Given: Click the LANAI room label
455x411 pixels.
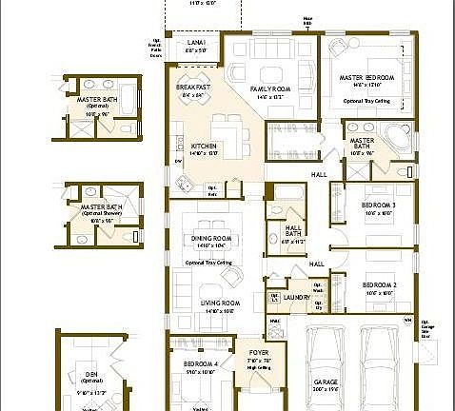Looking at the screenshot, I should coord(197,44).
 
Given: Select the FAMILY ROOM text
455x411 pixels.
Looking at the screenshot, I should coord(268,89).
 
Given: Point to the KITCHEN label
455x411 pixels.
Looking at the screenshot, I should coord(191,146).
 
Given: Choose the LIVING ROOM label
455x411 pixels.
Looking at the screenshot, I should coord(218,303).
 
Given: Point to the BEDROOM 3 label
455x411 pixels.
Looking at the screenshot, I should coord(379,205).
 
